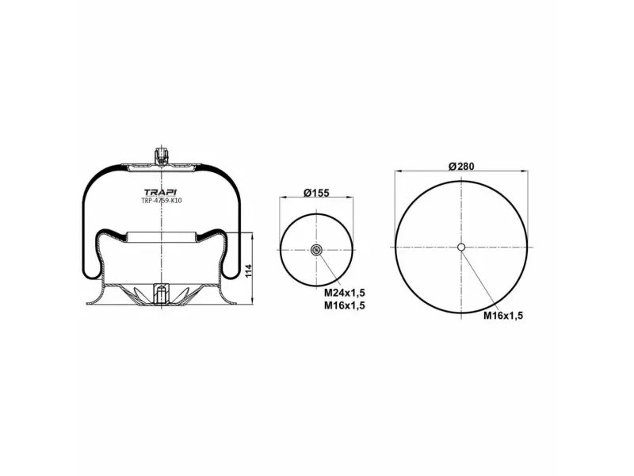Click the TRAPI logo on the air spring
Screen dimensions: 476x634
(x=162, y=191)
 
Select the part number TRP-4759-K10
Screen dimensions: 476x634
(x=162, y=201)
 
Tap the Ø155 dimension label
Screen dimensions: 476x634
(x=316, y=193)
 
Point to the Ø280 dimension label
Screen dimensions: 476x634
(x=460, y=166)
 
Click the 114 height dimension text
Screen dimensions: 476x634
(x=250, y=270)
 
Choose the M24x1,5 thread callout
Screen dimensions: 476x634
(x=344, y=294)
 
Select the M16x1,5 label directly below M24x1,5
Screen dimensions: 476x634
(x=344, y=305)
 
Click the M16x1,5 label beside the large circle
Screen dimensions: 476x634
(x=504, y=315)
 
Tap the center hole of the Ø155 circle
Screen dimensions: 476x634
(x=316, y=251)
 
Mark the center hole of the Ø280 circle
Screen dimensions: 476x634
(x=461, y=247)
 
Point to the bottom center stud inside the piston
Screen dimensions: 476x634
(x=162, y=294)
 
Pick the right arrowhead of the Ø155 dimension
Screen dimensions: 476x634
(x=351, y=197)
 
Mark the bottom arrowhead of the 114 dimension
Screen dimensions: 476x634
(x=252, y=301)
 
